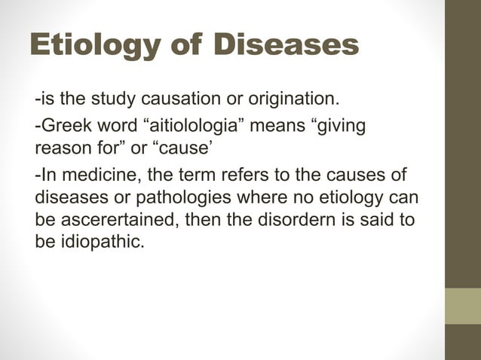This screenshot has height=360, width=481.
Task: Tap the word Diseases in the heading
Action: [x=286, y=46]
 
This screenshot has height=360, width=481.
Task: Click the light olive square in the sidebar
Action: [x=462, y=306]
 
